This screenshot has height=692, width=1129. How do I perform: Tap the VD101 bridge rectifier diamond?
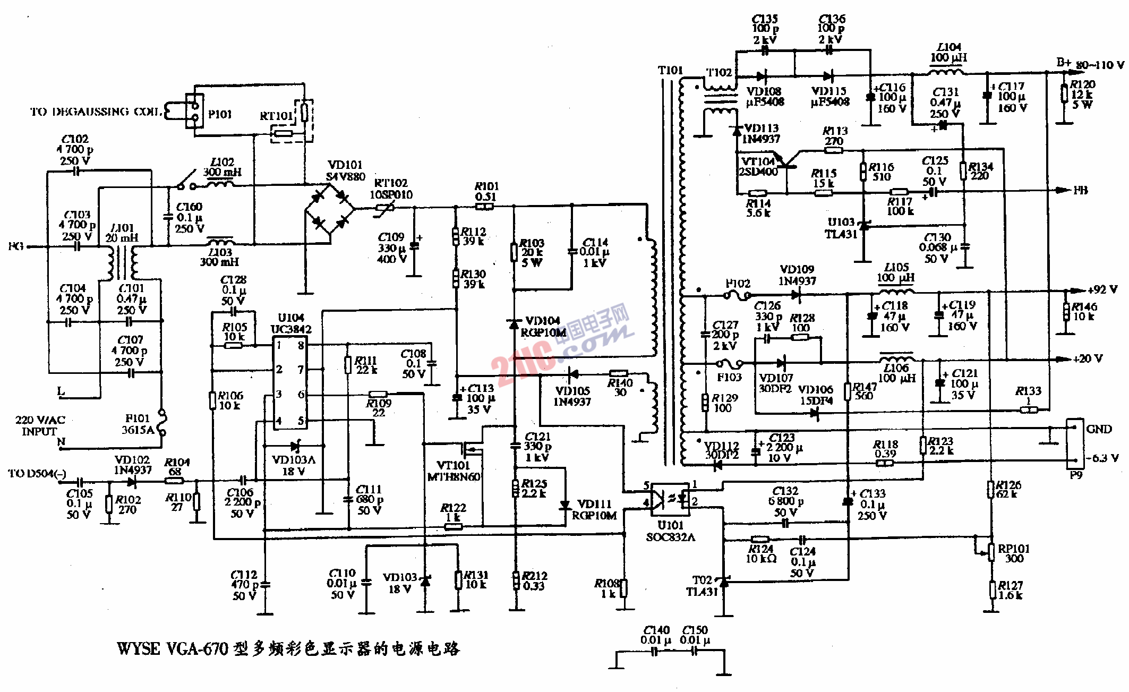(329, 209)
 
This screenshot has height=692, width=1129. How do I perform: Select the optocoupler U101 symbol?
(670, 499)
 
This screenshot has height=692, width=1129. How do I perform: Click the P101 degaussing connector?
(194, 111)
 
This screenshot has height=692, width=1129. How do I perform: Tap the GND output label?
(1099, 429)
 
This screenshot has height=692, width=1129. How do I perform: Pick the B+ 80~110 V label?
(1090, 64)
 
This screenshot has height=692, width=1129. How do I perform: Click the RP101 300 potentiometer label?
(1014, 553)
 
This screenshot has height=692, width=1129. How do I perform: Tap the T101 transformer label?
(670, 70)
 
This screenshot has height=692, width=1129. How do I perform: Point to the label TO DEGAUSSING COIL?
(96, 112)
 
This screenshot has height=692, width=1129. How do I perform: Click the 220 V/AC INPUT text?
(40, 425)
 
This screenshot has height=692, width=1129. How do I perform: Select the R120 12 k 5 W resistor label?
(1082, 94)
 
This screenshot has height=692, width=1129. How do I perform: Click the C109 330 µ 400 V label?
(391, 248)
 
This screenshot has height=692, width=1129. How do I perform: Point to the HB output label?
(1080, 190)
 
